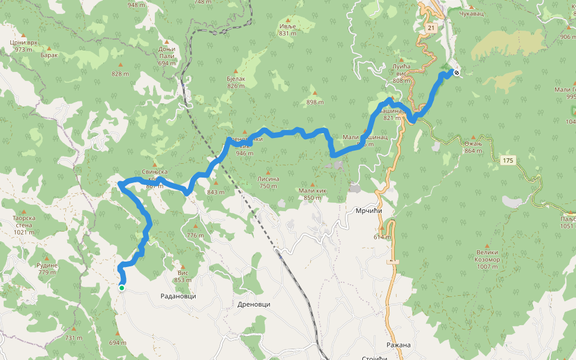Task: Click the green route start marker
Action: (121, 288)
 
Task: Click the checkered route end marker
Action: (457, 73)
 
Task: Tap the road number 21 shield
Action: (431, 28)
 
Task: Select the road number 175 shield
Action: (509, 160)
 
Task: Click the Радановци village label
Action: (178, 296)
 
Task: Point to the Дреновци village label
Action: (254, 304)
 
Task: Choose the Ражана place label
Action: (398, 345)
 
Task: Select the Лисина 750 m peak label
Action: (268, 182)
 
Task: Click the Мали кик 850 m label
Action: (313, 194)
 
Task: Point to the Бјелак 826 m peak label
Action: (236, 82)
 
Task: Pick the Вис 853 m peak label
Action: (182, 276)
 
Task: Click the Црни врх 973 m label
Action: (24, 46)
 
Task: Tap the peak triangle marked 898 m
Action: (314, 93)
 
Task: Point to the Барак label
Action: (49, 55)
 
